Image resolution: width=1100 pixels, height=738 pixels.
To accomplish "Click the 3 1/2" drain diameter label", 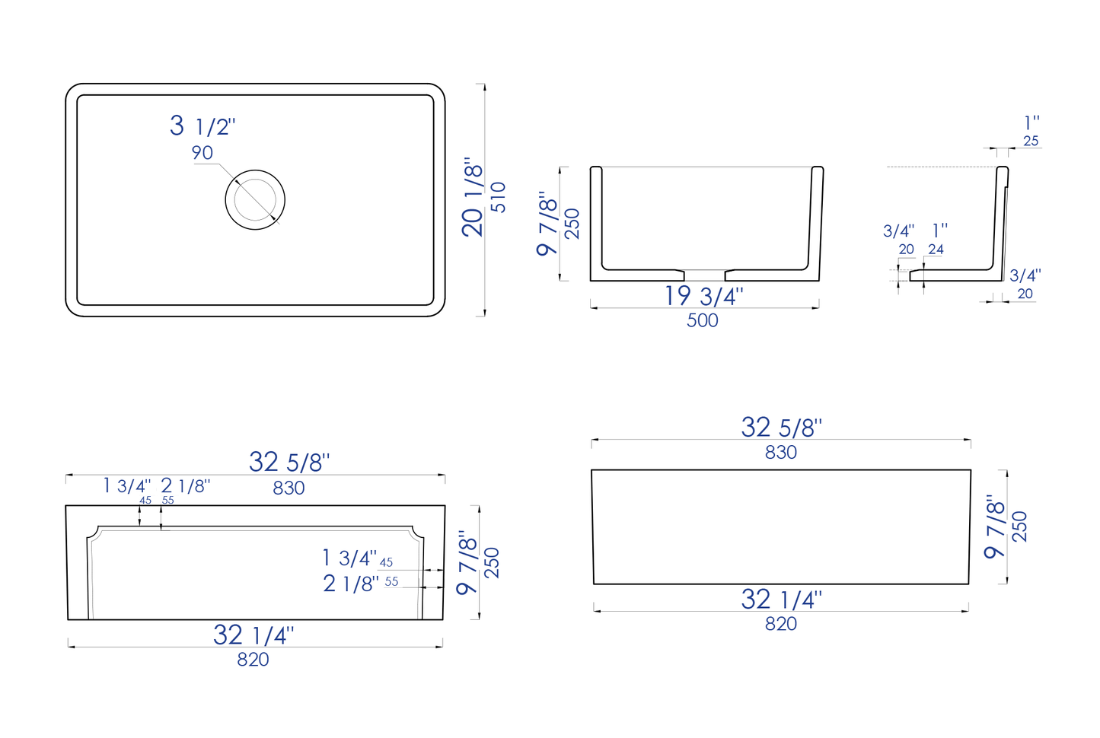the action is (x=202, y=126).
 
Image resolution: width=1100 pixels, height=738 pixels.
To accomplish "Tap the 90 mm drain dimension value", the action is (x=202, y=153).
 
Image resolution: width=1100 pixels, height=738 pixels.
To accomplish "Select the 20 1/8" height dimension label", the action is (x=473, y=197).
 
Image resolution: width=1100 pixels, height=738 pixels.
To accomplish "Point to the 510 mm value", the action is (x=499, y=197).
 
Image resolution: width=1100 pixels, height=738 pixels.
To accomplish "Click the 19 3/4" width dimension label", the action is (x=703, y=296).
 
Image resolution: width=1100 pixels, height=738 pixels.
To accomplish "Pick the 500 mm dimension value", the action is (x=702, y=320).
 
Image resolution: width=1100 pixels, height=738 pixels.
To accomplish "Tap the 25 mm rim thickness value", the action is (x=1031, y=141).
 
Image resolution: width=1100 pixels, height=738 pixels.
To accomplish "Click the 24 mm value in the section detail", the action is (x=936, y=250).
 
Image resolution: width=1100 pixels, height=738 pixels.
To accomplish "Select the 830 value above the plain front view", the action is (x=781, y=453).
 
